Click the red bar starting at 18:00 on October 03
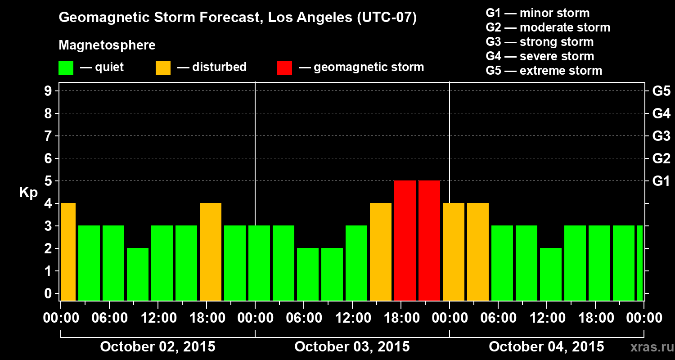[405, 240]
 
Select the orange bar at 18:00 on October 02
[211, 252]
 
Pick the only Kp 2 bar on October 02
[138, 274]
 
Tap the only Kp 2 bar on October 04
[551, 274]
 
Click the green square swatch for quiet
[66, 67]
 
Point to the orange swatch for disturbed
[163, 67]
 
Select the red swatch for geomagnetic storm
[284, 67]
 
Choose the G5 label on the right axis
[661, 91]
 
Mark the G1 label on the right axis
[661, 181]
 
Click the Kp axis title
[28, 193]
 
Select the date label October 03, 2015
[352, 347]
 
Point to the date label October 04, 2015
[546, 347]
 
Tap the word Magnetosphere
[107, 45]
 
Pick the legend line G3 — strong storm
[540, 42]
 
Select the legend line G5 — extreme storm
[544, 71]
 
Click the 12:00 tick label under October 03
[353, 318]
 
